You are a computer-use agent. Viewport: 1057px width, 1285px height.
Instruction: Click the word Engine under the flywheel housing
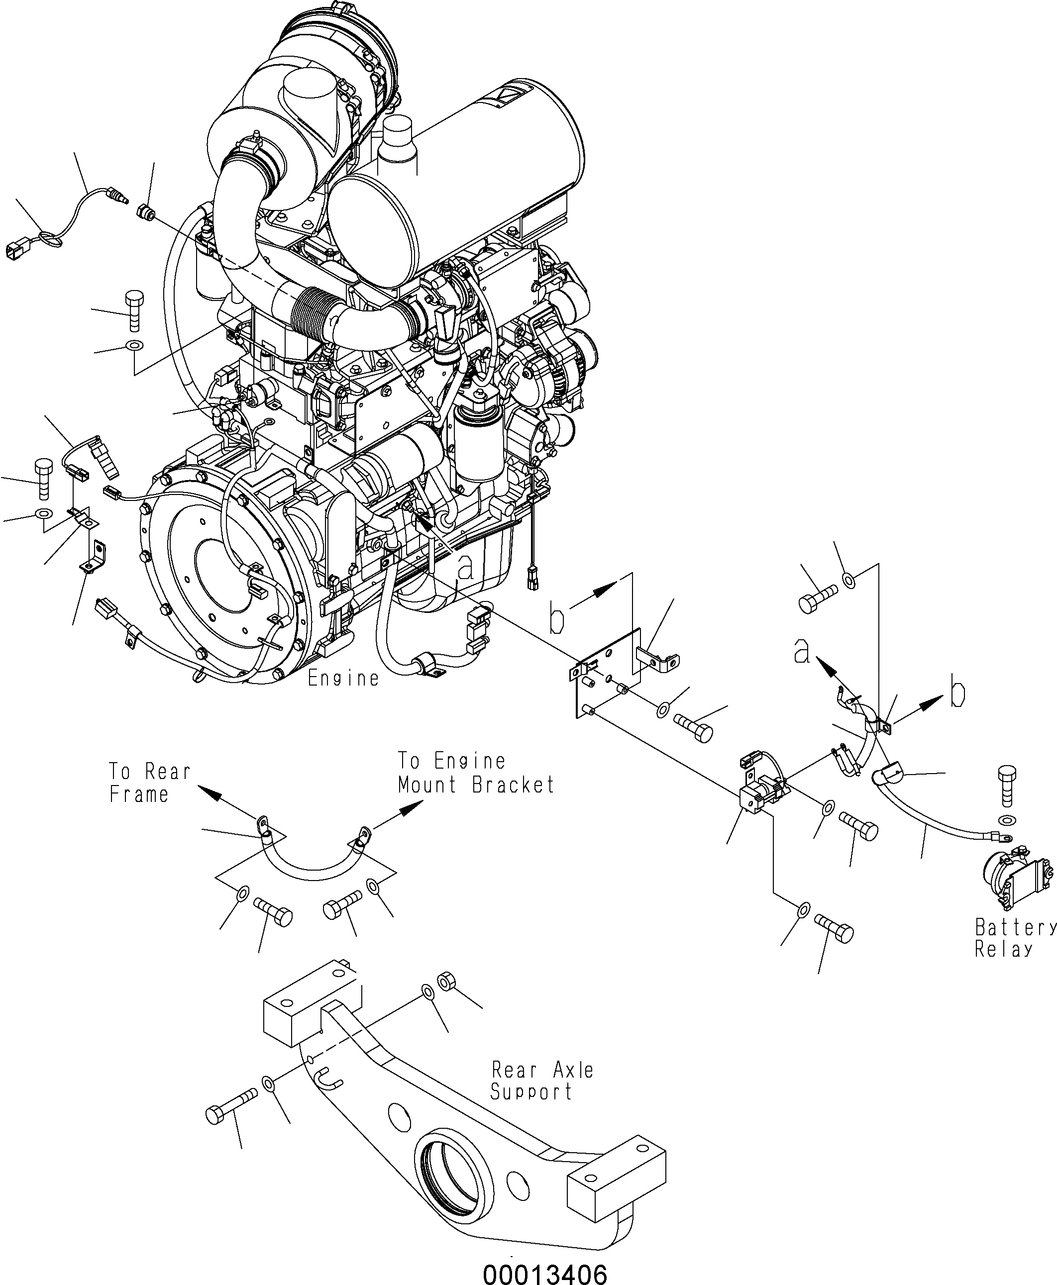[343, 678]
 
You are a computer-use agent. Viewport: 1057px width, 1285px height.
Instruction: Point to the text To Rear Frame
[149, 783]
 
